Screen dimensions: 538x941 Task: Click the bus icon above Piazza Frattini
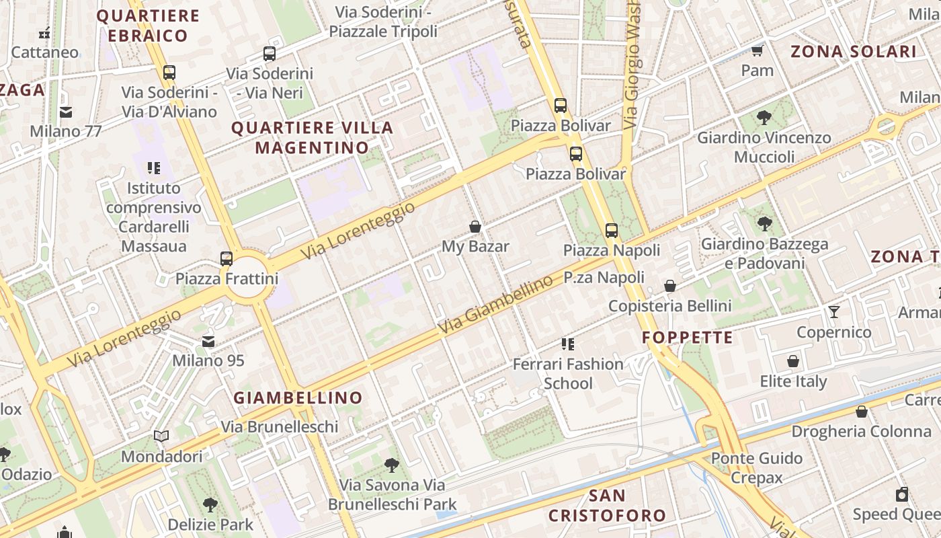227,258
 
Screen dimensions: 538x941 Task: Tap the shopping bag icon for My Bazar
475,227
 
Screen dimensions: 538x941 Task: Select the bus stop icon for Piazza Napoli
612,231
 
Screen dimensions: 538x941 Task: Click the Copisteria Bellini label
669,306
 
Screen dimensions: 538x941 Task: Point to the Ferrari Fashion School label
568,374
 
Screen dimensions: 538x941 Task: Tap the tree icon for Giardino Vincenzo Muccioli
764,118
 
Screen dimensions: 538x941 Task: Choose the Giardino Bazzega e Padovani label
764,254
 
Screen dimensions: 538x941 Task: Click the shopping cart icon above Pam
758,50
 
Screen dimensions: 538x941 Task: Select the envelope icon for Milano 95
208,342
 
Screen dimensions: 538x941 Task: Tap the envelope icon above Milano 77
66,112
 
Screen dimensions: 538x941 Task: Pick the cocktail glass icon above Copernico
834,312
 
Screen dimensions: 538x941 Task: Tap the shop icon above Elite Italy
793,362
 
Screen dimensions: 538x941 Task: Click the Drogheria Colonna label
861,431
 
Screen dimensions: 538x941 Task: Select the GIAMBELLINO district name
298,398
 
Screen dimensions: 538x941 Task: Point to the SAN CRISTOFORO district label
607,506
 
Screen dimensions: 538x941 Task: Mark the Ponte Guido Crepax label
757,468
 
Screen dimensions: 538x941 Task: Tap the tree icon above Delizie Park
210,504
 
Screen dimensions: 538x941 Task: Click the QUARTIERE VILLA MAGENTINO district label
313,138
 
